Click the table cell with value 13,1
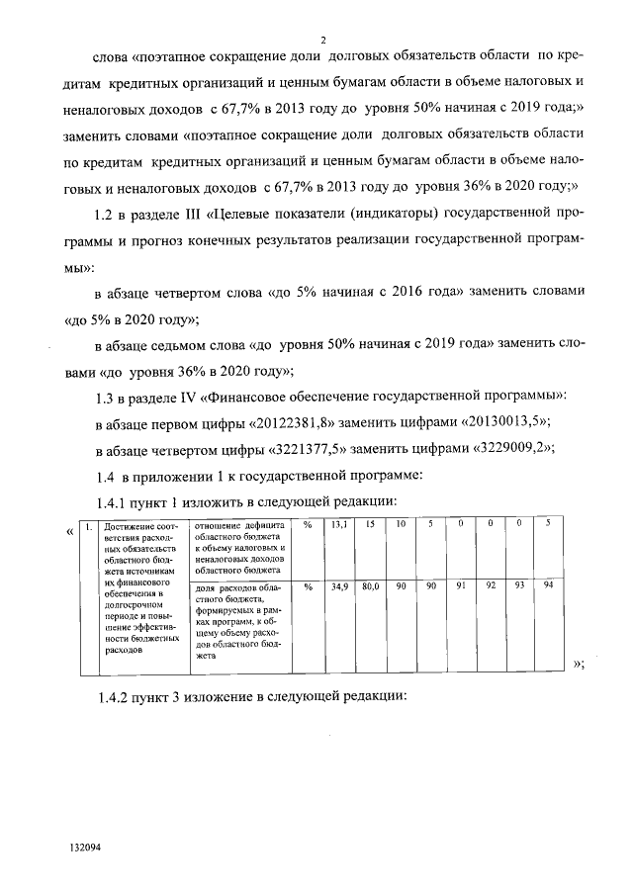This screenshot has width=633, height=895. [x=338, y=524]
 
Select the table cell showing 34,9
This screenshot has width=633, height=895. [x=338, y=587]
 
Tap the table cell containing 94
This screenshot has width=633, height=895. [x=549, y=587]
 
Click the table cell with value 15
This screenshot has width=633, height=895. [x=369, y=524]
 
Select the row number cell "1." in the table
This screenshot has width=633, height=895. [x=89, y=525]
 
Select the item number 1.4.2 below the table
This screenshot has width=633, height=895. [x=112, y=695]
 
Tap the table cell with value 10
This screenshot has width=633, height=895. [x=401, y=524]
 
